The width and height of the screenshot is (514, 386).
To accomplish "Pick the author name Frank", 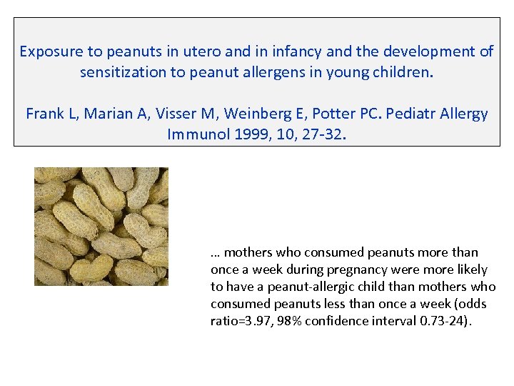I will coord(44,114).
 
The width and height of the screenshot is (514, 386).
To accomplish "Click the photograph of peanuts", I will coord(101,227).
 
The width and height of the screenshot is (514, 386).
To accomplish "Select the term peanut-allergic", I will coord(290,287).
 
